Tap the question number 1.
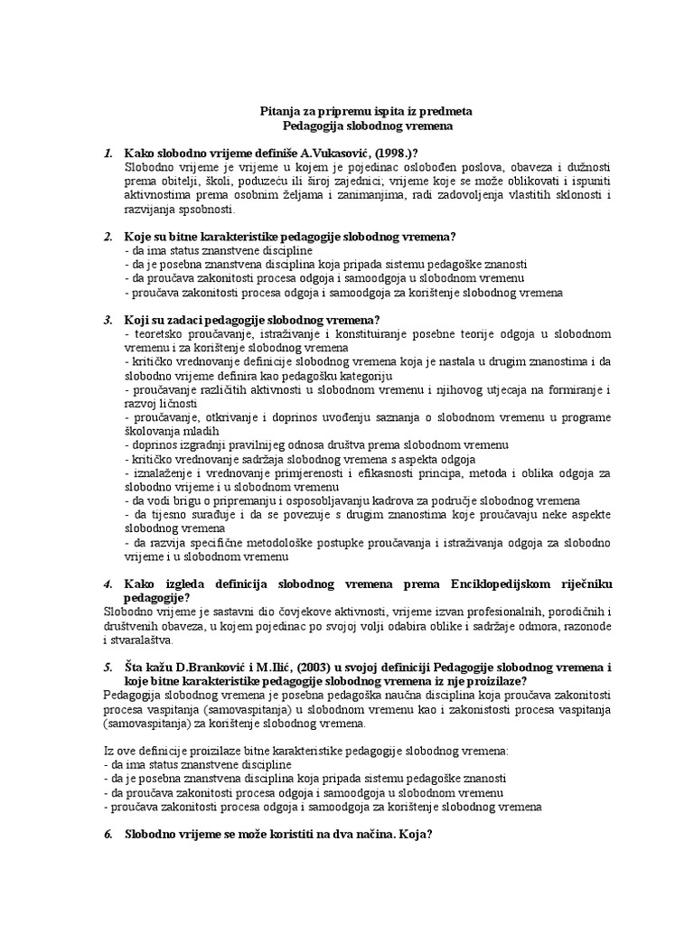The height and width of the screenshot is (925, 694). pyautogui.click(x=107, y=151)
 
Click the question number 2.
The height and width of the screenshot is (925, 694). pyautogui.click(x=107, y=237)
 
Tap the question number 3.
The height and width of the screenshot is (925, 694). pyautogui.click(x=107, y=320)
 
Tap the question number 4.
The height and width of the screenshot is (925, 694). pyautogui.click(x=107, y=584)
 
